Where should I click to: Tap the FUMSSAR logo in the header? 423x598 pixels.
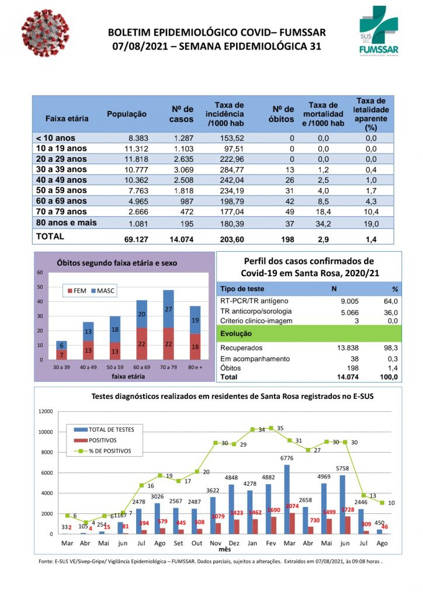[x=380, y=32]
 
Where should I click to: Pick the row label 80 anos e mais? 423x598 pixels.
[x=67, y=222]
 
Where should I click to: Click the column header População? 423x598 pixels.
[x=127, y=114]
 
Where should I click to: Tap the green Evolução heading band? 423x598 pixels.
[x=309, y=334]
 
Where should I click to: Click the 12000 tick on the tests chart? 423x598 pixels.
[x=44, y=411]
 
